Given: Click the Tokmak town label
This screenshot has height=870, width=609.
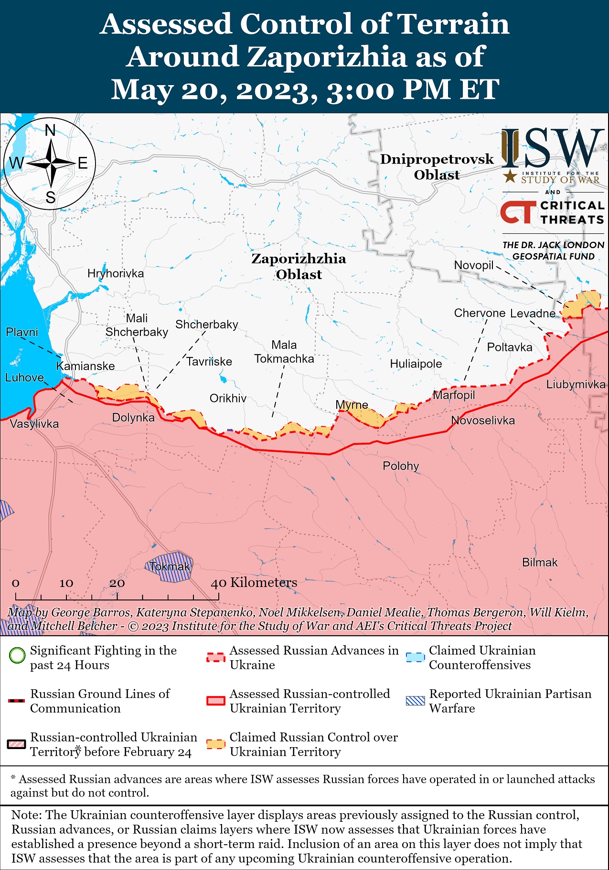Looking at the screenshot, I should coord(170,567).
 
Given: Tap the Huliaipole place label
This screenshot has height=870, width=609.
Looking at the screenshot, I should coord(416,364).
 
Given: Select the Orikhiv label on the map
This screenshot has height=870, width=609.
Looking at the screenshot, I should coord(228,398).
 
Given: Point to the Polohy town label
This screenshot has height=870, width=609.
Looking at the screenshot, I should coord(401,466).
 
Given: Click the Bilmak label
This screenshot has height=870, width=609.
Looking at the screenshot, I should coord(540,563).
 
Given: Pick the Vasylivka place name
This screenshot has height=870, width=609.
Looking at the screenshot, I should coord(34,424).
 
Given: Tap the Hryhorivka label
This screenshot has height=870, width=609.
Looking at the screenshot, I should coord(116,273).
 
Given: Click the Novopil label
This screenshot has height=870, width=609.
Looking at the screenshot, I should coord(473,265).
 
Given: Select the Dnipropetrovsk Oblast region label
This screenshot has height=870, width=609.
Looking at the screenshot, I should coord(437,167).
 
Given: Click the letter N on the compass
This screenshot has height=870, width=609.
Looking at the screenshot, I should coord(50,130).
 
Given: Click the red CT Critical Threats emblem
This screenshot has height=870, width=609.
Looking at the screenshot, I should coord(518,212).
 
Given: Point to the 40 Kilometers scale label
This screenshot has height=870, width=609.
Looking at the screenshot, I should coord(254,583).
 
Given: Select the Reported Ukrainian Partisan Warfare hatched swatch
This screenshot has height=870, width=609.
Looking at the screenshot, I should coord(415,701).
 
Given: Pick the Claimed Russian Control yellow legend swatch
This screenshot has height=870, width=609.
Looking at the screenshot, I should coord(215,744).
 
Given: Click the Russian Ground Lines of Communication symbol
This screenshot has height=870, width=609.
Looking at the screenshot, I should coord(17,701).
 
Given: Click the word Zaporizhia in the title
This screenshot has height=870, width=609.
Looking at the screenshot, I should coord(329,57).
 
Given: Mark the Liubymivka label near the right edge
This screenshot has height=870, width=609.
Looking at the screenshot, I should coord(576,384).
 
